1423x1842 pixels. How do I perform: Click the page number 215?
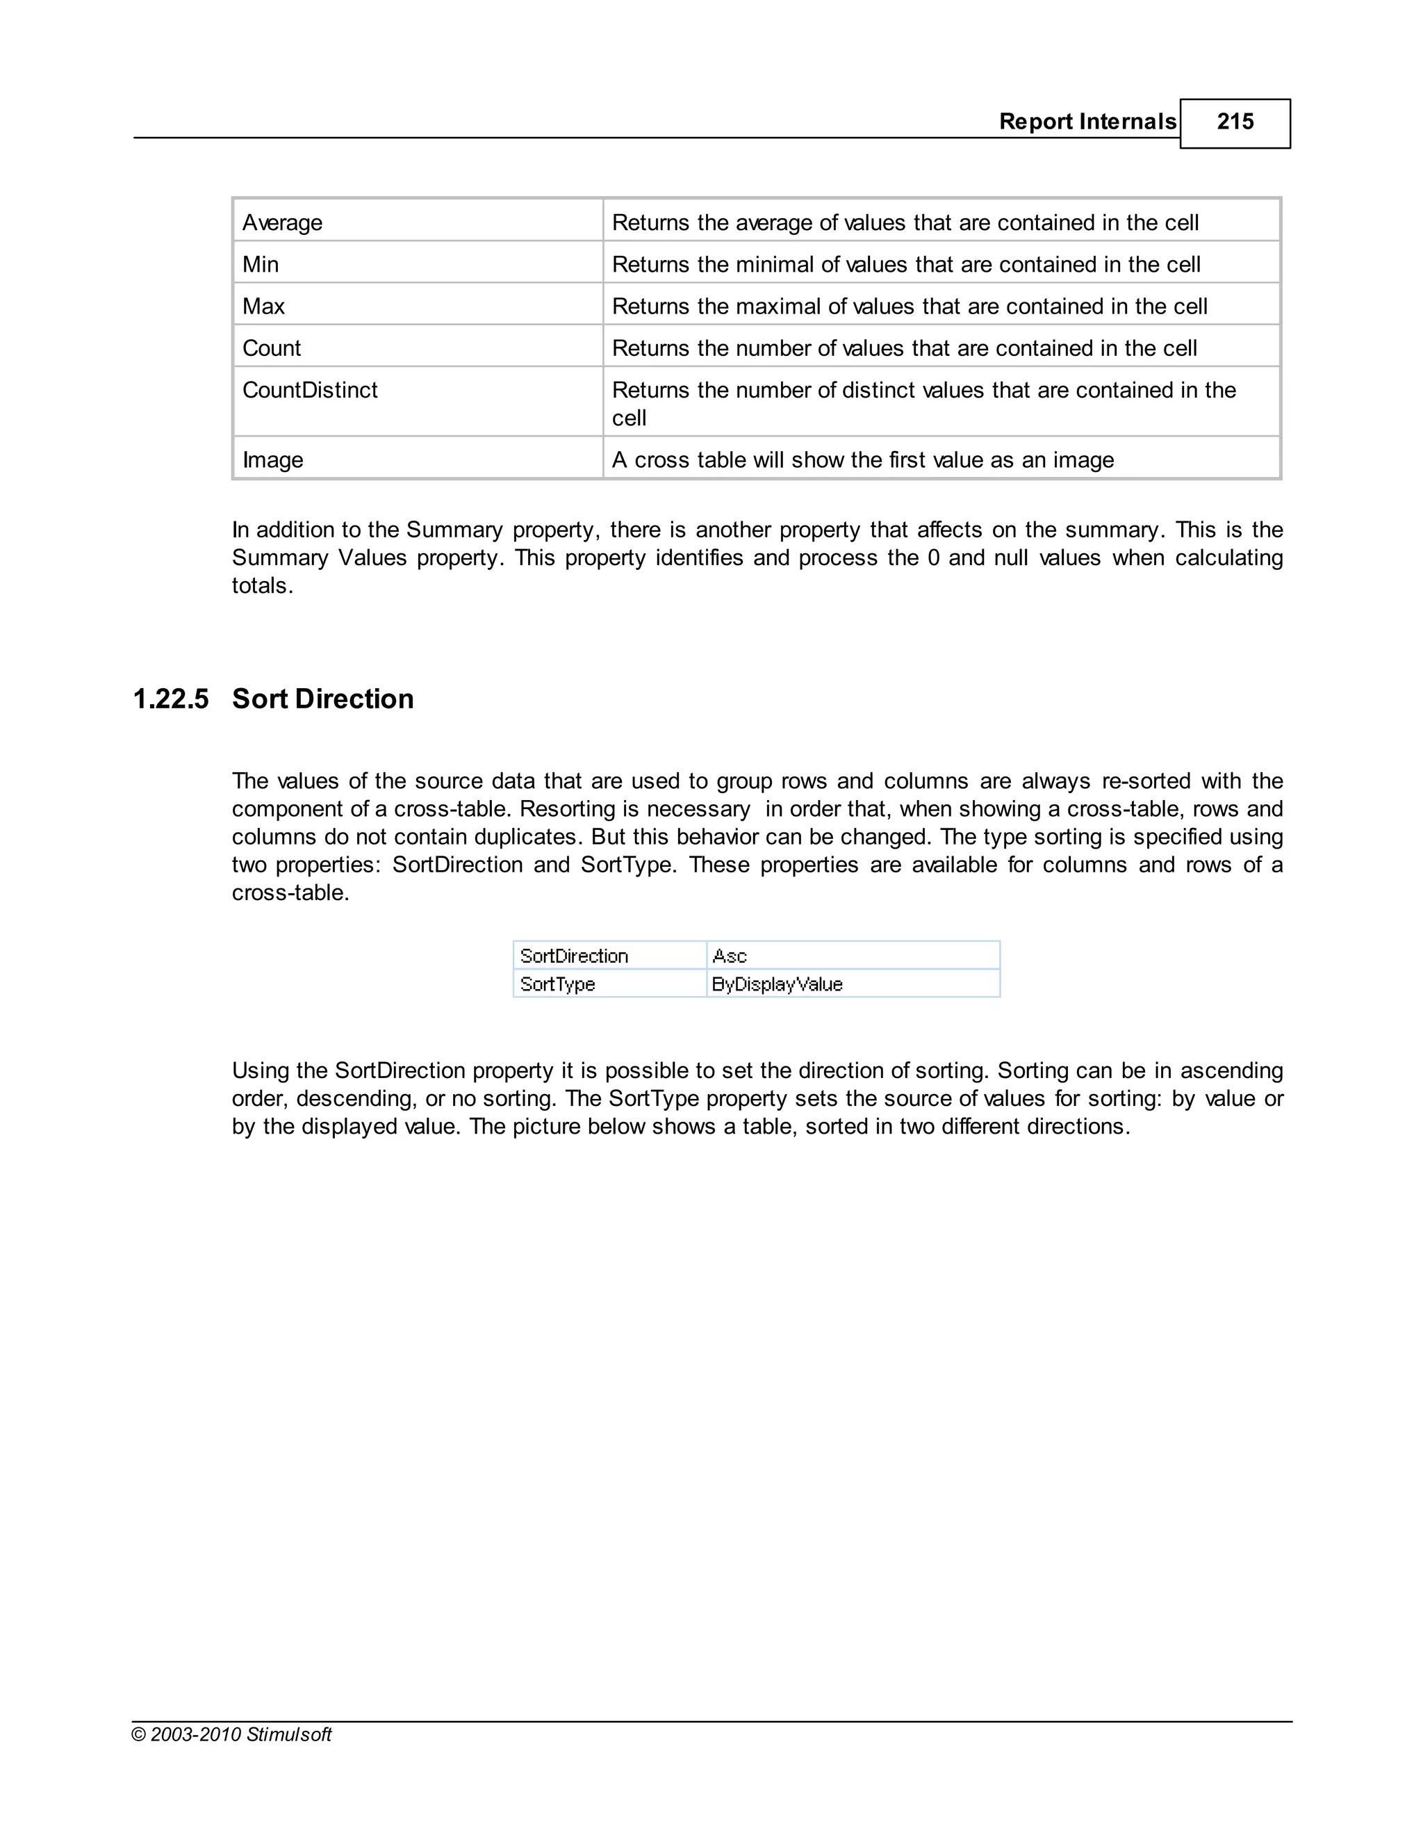point(1234,122)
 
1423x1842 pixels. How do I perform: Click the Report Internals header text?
point(1087,122)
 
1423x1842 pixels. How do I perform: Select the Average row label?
point(282,222)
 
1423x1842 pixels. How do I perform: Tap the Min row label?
point(261,265)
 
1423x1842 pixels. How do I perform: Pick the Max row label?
point(263,306)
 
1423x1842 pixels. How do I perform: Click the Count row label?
point(272,348)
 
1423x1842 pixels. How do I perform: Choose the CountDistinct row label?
point(309,391)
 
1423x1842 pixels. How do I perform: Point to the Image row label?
point(272,459)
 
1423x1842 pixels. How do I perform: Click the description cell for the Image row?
point(862,459)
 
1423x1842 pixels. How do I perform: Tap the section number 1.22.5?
point(171,699)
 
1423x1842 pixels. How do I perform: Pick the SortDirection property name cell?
point(574,956)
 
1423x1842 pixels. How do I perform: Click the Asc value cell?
point(730,956)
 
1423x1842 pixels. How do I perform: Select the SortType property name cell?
point(557,984)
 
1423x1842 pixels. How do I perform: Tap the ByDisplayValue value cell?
point(778,984)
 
